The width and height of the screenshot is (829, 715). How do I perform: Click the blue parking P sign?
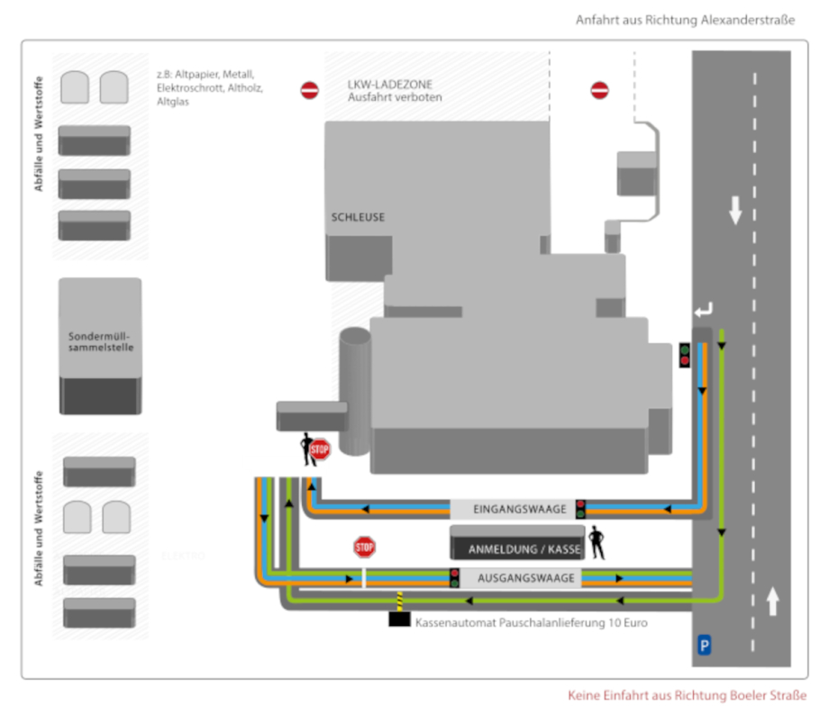(x=705, y=644)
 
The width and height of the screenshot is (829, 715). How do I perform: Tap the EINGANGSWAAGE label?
(x=508, y=510)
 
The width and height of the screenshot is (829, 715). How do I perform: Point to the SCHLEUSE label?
(x=358, y=218)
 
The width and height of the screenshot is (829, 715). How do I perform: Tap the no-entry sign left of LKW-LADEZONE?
(x=309, y=90)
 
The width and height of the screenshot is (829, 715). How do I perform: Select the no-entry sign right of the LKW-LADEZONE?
(x=600, y=90)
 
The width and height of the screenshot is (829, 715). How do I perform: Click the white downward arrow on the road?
(x=735, y=211)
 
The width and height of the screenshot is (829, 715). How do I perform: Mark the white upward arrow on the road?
(x=772, y=601)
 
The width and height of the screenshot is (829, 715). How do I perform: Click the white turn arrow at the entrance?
(x=703, y=311)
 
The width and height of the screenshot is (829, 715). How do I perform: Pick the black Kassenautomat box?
(x=399, y=620)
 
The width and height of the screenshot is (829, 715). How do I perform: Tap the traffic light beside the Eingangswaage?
(x=580, y=509)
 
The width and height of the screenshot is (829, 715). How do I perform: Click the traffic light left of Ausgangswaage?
(x=454, y=578)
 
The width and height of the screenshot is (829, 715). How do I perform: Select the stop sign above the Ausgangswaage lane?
(x=364, y=546)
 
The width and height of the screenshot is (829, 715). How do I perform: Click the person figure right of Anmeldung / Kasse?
(x=596, y=542)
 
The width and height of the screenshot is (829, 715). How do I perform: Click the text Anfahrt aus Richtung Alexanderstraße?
(x=685, y=20)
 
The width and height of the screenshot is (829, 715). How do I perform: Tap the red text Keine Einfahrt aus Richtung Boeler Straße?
(x=687, y=695)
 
